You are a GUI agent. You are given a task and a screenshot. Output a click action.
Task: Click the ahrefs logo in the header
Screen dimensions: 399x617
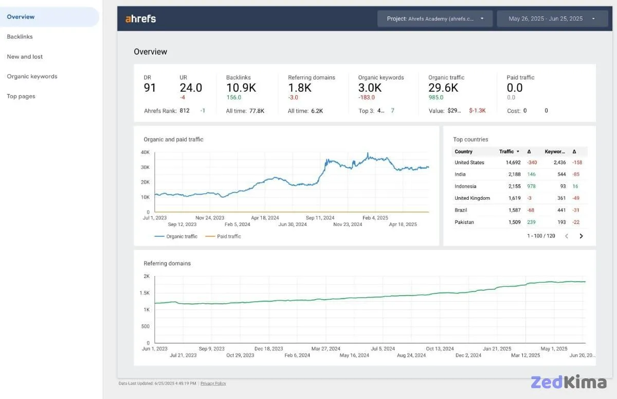pyautogui.click(x=140, y=19)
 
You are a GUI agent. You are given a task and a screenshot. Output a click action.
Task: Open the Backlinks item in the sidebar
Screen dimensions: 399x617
pyautogui.click(x=20, y=37)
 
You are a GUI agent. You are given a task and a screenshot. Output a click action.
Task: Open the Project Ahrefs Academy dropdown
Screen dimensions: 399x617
pyautogui.click(x=435, y=19)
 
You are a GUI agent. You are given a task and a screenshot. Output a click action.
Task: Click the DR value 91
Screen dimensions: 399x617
pyautogui.click(x=150, y=88)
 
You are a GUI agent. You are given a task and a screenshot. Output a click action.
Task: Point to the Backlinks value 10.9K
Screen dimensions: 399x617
pyautogui.click(x=241, y=88)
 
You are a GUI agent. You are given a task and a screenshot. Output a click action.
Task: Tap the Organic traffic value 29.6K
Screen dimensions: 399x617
pyautogui.click(x=443, y=88)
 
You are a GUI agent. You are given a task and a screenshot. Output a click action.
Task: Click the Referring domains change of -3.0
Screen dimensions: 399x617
pyautogui.click(x=293, y=97)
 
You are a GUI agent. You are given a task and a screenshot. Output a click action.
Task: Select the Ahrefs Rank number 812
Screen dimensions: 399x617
pyautogui.click(x=185, y=111)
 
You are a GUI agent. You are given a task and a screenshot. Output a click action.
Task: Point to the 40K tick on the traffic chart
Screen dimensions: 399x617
pyautogui.click(x=145, y=152)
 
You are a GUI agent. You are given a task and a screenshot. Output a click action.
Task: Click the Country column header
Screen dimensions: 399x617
pyautogui.click(x=463, y=151)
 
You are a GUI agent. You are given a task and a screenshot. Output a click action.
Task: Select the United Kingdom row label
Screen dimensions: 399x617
pyautogui.click(x=472, y=198)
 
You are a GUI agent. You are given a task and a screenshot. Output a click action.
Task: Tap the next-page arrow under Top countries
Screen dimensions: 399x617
pyautogui.click(x=581, y=236)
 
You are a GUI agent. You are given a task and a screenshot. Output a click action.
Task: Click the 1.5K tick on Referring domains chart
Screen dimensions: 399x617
pyautogui.click(x=144, y=293)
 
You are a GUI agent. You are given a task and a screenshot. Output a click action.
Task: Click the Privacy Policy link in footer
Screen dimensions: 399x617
pyautogui.click(x=213, y=384)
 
